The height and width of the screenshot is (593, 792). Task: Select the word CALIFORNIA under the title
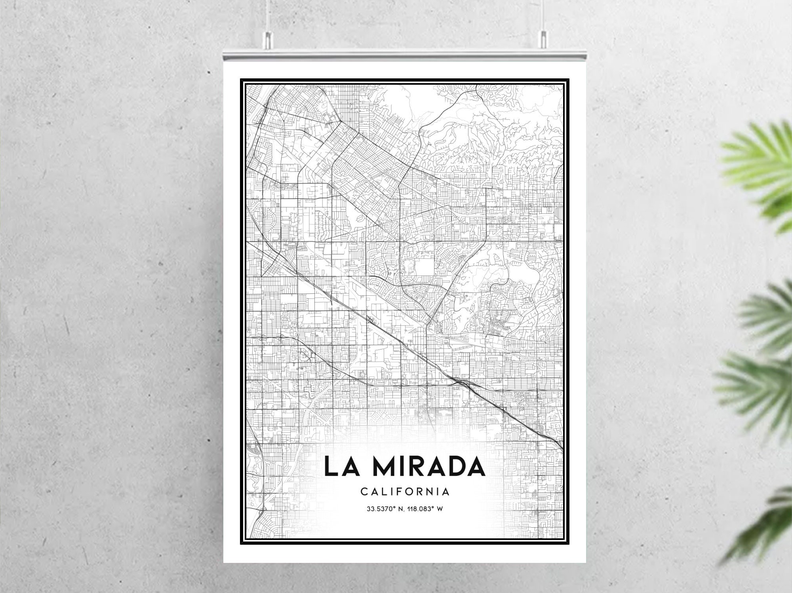(405, 492)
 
